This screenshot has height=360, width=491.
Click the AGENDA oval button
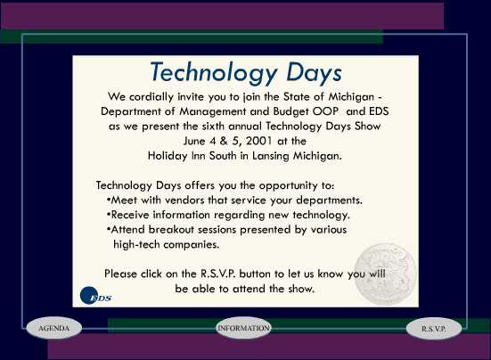(53, 328)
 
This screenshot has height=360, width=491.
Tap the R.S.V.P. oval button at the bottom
(434, 329)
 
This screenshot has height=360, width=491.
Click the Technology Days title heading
(245, 72)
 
